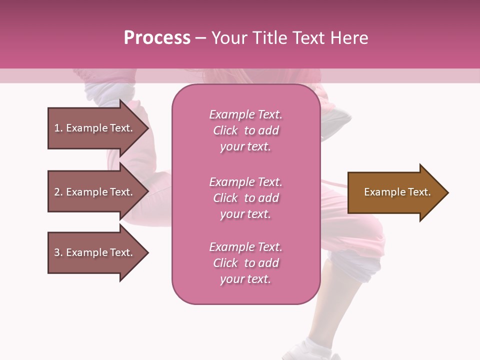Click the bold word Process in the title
coord(157,38)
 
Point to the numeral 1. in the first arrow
coord(58,128)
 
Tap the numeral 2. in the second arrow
coord(58,192)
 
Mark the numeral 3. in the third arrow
coord(58,252)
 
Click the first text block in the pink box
coord(245,130)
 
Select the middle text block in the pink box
coord(245,198)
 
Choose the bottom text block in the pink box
coord(245,263)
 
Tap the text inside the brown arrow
coord(397,192)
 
